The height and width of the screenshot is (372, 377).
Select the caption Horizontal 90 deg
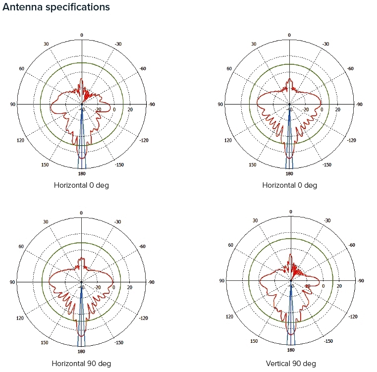click(82, 364)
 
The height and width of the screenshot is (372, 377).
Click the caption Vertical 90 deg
click(290, 364)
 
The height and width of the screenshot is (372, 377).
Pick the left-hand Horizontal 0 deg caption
click(81, 185)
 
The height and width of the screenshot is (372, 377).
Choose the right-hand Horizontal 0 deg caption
click(290, 185)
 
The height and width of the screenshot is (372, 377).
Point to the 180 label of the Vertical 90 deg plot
click(290, 350)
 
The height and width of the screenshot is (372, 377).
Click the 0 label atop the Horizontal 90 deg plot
click(81, 213)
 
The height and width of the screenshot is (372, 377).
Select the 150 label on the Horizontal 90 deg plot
click(45, 342)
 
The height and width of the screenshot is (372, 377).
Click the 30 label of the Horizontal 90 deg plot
click(46, 222)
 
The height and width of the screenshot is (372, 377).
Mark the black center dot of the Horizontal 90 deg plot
click(81, 282)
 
